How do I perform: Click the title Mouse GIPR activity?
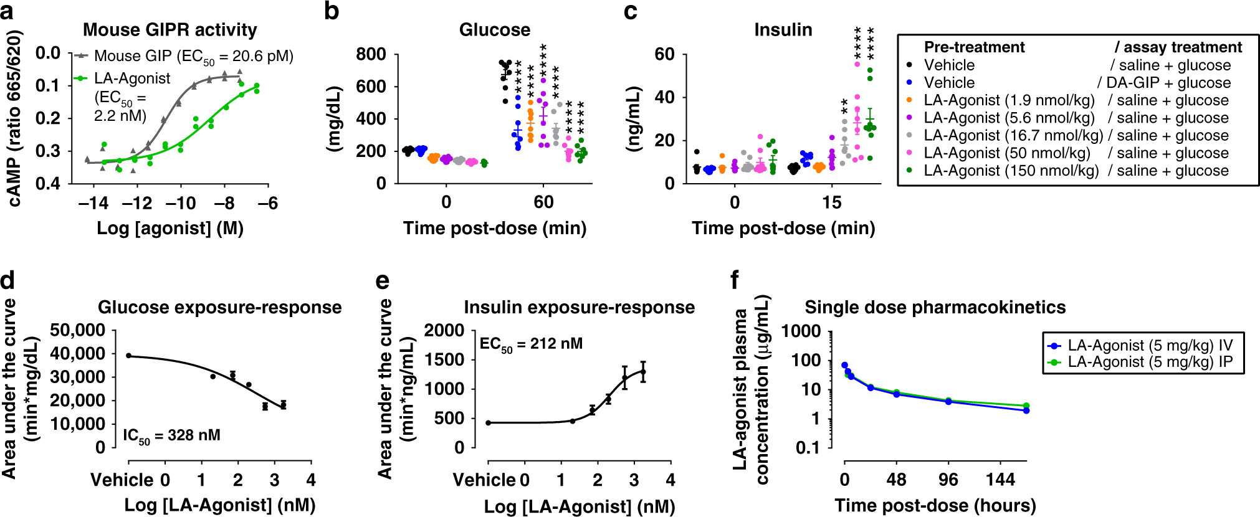[x=169, y=30]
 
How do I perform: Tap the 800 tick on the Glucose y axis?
[x=371, y=55]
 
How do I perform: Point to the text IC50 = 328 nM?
[x=171, y=435]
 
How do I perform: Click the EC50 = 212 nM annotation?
[x=531, y=344]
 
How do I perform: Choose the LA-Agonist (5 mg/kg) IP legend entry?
[x=1150, y=362]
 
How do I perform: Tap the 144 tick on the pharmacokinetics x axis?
[x=1000, y=480]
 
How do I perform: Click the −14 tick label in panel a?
[x=93, y=203]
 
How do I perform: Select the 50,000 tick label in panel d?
[x=77, y=330]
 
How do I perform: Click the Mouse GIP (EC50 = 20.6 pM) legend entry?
[x=193, y=56]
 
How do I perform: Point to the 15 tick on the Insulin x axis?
[x=831, y=202]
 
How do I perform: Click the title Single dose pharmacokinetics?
[x=935, y=307]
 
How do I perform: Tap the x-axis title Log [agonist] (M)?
[x=169, y=228]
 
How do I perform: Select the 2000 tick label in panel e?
[x=444, y=330]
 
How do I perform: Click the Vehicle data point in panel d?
[x=129, y=356]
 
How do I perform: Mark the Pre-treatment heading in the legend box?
[x=974, y=47]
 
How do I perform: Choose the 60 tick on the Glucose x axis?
[x=543, y=202]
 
